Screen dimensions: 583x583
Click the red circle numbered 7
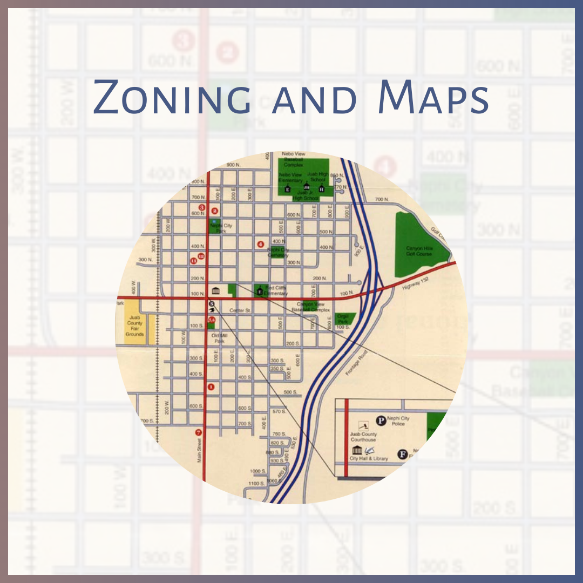[198, 432]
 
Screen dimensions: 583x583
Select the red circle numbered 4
[261, 244]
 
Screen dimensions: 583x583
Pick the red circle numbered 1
[211, 387]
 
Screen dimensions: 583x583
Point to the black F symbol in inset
[402, 454]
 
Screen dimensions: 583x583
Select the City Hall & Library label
[369, 458]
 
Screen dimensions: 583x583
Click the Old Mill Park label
[219, 338]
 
